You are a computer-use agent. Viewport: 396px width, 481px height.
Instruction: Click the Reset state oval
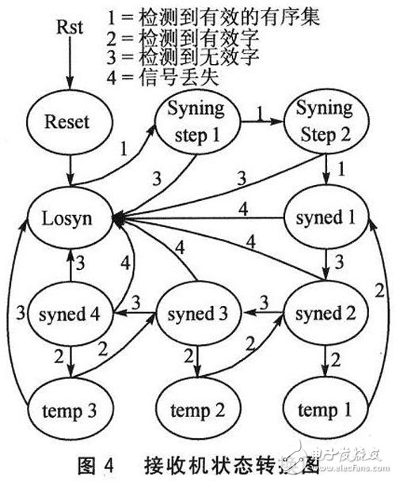pyautogui.click(x=69, y=123)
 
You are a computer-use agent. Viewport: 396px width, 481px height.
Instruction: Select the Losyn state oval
pyautogui.click(x=69, y=214)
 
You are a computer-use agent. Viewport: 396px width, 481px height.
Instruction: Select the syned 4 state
pyautogui.click(x=69, y=314)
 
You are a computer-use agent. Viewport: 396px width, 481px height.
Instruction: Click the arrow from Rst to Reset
pyautogui.click(x=68, y=67)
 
